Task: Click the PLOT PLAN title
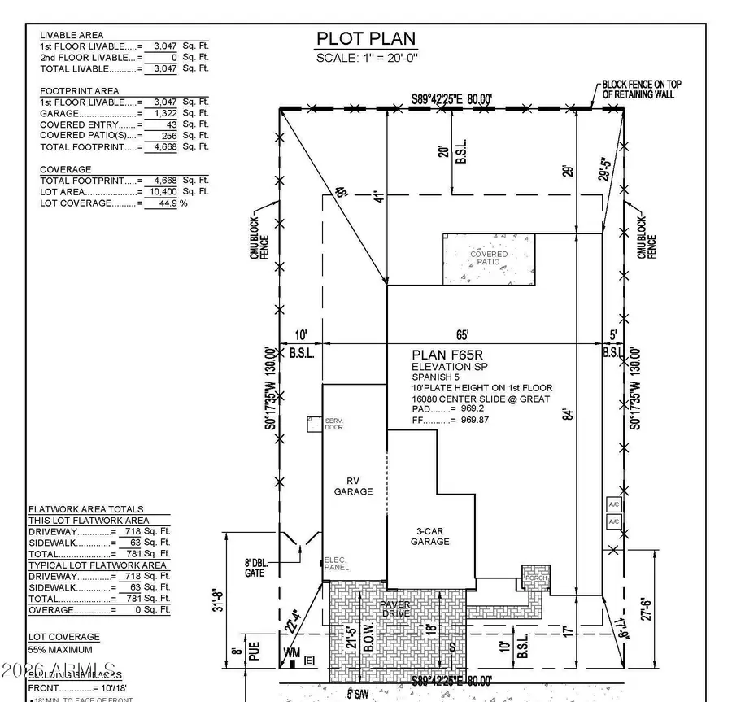365,38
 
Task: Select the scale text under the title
365,58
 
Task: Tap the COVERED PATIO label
489,259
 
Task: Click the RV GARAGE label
353,486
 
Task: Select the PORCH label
535,578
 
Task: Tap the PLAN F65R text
446,354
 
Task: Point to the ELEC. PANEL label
336,564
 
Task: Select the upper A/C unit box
614,504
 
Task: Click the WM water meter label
291,652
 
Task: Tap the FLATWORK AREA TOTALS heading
86,509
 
